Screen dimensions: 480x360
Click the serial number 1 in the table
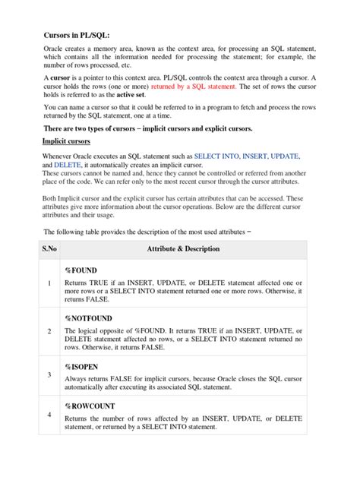pos(49,284)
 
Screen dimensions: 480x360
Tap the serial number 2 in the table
pos(49,332)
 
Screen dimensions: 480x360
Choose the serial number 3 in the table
pos(49,374)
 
